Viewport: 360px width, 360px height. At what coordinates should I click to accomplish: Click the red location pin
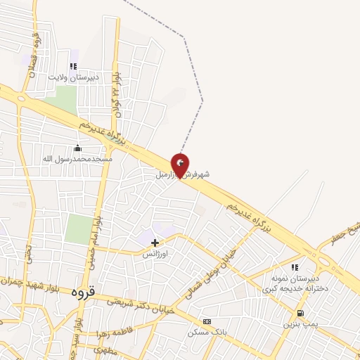(x=181, y=165)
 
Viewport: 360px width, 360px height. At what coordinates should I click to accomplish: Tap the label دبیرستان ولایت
(x=73, y=76)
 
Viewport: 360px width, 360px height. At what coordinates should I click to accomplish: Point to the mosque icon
(x=77, y=148)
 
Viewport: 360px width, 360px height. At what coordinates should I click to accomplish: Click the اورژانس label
(x=155, y=253)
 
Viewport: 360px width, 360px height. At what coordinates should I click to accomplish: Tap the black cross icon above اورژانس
(x=155, y=243)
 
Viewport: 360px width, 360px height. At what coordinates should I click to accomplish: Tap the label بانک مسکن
(x=205, y=332)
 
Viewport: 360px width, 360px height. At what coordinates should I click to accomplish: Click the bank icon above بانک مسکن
(x=206, y=321)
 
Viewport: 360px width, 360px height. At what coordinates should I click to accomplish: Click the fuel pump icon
(x=300, y=313)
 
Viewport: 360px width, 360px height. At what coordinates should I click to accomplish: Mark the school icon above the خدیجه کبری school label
(x=295, y=267)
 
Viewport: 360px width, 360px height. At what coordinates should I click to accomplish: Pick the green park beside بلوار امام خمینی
(x=78, y=230)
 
